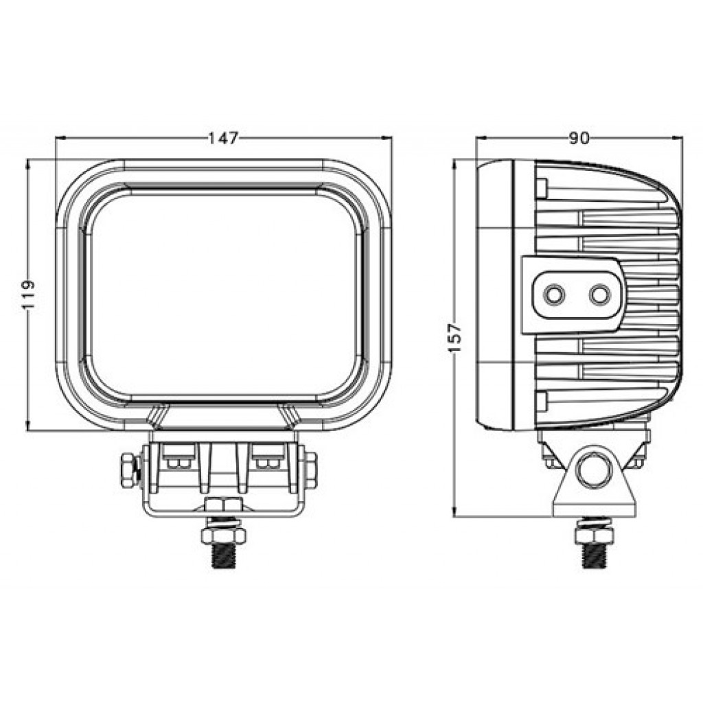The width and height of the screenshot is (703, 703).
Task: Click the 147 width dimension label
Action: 223,138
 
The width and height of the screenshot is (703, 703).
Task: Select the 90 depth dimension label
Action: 579,138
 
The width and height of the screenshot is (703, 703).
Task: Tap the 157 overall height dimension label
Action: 454,337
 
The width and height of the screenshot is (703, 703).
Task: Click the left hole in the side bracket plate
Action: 555,295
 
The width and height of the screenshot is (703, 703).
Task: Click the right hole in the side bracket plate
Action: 600,295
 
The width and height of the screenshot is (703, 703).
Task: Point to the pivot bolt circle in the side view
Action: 594,471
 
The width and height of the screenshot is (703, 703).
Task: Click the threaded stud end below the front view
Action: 223,555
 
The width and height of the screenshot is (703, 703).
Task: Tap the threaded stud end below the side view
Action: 594,555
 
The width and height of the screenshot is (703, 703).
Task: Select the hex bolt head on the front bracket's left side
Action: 128,470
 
